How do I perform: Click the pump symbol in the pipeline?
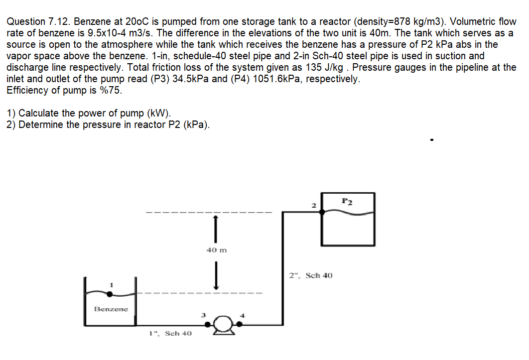tap(224, 326)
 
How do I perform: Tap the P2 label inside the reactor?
tap(347, 201)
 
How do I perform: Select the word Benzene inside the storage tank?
tap(111, 309)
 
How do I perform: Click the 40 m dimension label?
tap(216, 250)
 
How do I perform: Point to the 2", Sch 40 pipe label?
tap(311, 275)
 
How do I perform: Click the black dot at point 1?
tap(110, 294)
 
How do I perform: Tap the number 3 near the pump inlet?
tap(203, 315)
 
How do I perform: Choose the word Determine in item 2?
tap(41, 124)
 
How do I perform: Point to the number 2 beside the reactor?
tap(313, 205)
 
